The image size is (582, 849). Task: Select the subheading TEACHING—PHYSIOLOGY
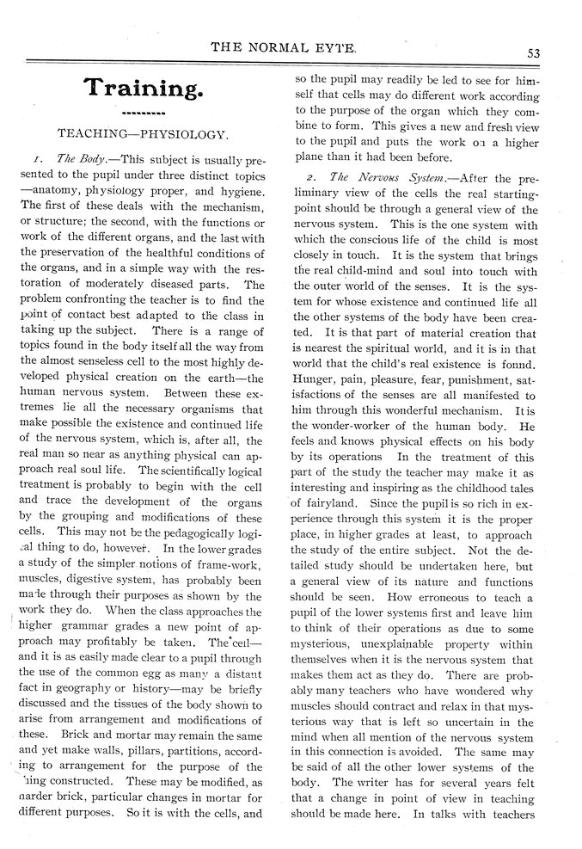coord(142,135)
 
